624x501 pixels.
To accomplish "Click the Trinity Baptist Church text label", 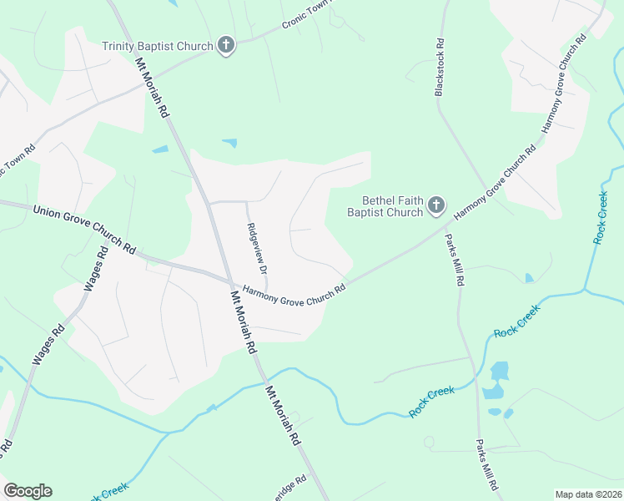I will pos(157,45).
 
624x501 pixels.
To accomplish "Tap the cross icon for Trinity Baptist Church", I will pos(225,45).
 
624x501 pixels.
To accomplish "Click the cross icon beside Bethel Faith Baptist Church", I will pos(436,205).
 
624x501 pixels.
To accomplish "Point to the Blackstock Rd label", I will pos(439,67).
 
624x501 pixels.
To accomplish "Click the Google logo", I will pos(28,491).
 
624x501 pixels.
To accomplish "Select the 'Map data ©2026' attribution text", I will pos(588,494).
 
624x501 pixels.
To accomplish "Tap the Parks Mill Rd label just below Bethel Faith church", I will pos(453,260).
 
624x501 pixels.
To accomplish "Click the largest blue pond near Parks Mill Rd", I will pos(499,372).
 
